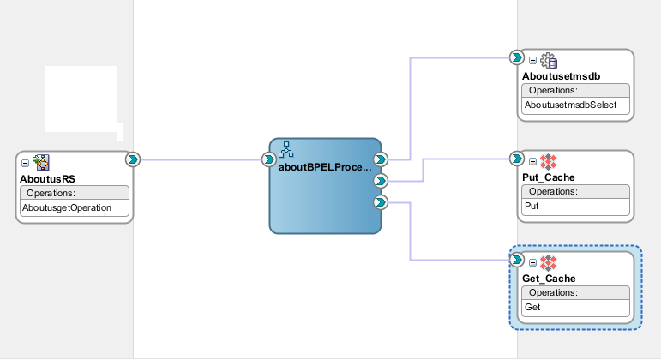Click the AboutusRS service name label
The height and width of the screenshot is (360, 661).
point(47,179)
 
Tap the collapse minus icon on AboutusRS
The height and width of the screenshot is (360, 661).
point(25,162)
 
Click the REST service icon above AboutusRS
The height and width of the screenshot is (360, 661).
point(40,162)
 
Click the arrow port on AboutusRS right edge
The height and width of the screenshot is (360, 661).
point(133,159)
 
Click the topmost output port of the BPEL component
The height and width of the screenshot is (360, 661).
point(382,159)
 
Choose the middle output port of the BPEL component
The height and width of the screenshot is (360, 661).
point(382,181)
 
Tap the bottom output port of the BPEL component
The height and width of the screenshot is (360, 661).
point(382,202)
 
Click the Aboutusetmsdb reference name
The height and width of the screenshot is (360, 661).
point(561,76)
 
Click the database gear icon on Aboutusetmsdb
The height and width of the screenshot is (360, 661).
point(549,60)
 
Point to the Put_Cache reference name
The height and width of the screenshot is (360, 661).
point(548,177)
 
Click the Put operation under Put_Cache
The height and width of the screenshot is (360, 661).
point(531,207)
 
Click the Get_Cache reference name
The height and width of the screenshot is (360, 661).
point(548,279)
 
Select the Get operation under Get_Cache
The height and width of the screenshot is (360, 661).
point(532,307)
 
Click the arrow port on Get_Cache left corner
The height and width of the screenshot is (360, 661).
point(517,260)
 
